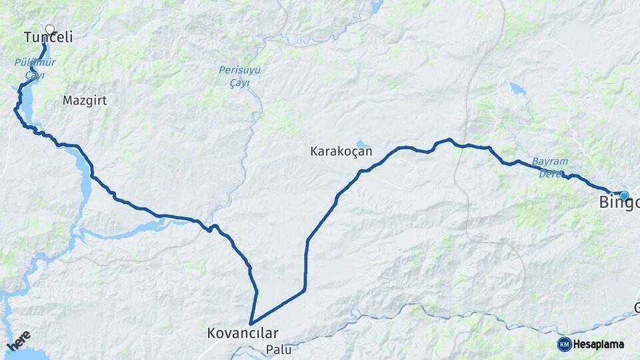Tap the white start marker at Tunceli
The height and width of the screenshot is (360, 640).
pos(49,29)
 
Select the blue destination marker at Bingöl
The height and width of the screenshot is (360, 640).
pos(624,195)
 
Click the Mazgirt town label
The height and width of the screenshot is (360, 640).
pos(85,101)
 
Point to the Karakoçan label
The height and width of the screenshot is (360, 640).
pos(341,151)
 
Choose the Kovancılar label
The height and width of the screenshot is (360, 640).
pos(243,332)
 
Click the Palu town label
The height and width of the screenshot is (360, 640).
pos(279,349)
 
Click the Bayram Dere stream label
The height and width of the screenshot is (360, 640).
pos(550,168)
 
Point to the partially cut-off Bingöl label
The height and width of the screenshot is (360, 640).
pos(619,203)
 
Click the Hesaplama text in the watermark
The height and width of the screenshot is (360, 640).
pos(599,344)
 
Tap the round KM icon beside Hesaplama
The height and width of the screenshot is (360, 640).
pos(564,344)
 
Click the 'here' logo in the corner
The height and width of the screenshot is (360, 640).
pos(19,340)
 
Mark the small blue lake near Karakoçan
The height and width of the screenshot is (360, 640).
pos(361,143)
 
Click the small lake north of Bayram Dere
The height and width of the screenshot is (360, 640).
pos(517,89)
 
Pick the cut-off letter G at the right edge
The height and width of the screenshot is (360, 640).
pos(636,307)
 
